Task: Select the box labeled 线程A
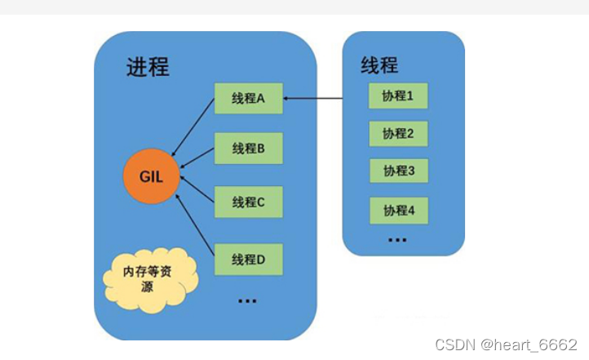(249, 99)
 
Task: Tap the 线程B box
(249, 149)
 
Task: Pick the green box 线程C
(249, 202)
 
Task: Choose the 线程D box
(249, 260)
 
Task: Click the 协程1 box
(398, 96)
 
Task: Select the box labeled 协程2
(398, 133)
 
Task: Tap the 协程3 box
(399, 171)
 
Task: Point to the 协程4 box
(399, 210)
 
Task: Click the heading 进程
(148, 68)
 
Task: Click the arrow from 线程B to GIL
(197, 160)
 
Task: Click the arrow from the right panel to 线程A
(313, 100)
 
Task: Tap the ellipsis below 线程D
(246, 301)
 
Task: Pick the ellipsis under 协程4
(397, 240)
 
